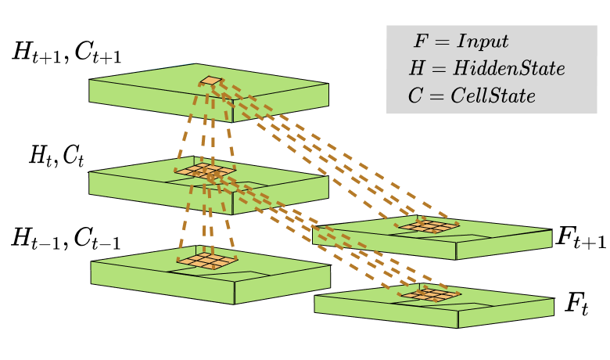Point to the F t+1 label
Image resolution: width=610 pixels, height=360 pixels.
[x=580, y=239]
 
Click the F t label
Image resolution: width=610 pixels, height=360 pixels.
[x=576, y=304]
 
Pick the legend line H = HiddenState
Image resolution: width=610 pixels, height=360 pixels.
[x=486, y=69]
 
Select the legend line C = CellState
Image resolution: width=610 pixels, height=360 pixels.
[x=472, y=95]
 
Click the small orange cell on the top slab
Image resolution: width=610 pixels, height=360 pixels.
[x=211, y=80]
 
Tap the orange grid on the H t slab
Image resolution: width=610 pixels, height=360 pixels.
[x=205, y=170]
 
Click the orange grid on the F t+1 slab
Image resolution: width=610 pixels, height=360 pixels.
[x=426, y=225]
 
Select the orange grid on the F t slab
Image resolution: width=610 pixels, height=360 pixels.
[x=429, y=294]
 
